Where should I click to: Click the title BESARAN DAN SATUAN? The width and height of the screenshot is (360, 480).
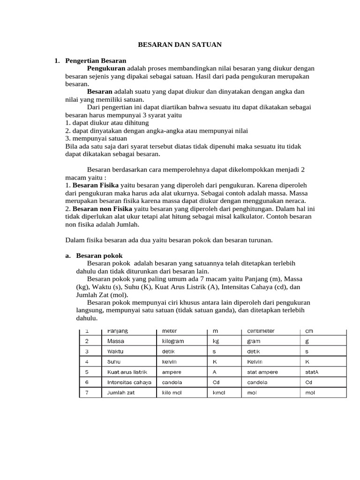click(180, 45)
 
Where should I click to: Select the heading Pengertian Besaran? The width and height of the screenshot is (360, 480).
click(96, 60)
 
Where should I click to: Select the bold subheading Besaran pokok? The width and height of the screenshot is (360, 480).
click(99, 255)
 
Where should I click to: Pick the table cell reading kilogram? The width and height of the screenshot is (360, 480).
click(173, 341)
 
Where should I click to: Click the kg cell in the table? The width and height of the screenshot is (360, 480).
click(216, 341)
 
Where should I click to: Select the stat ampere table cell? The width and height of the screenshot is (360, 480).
click(262, 372)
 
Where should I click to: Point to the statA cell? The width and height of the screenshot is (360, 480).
click(312, 372)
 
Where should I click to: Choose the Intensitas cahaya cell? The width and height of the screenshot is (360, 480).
click(129, 382)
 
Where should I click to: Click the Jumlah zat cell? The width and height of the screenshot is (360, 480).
click(121, 393)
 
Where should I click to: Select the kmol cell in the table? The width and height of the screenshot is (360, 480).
click(219, 393)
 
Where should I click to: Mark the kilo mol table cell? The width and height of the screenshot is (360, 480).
click(172, 393)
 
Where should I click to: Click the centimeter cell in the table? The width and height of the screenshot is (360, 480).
click(261, 331)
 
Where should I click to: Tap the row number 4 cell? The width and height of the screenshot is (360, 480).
click(87, 362)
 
